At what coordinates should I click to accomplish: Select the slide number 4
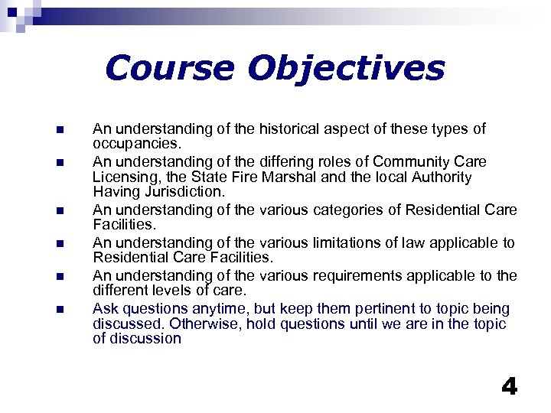coord(509,386)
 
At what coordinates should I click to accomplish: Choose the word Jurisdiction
coord(186,191)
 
